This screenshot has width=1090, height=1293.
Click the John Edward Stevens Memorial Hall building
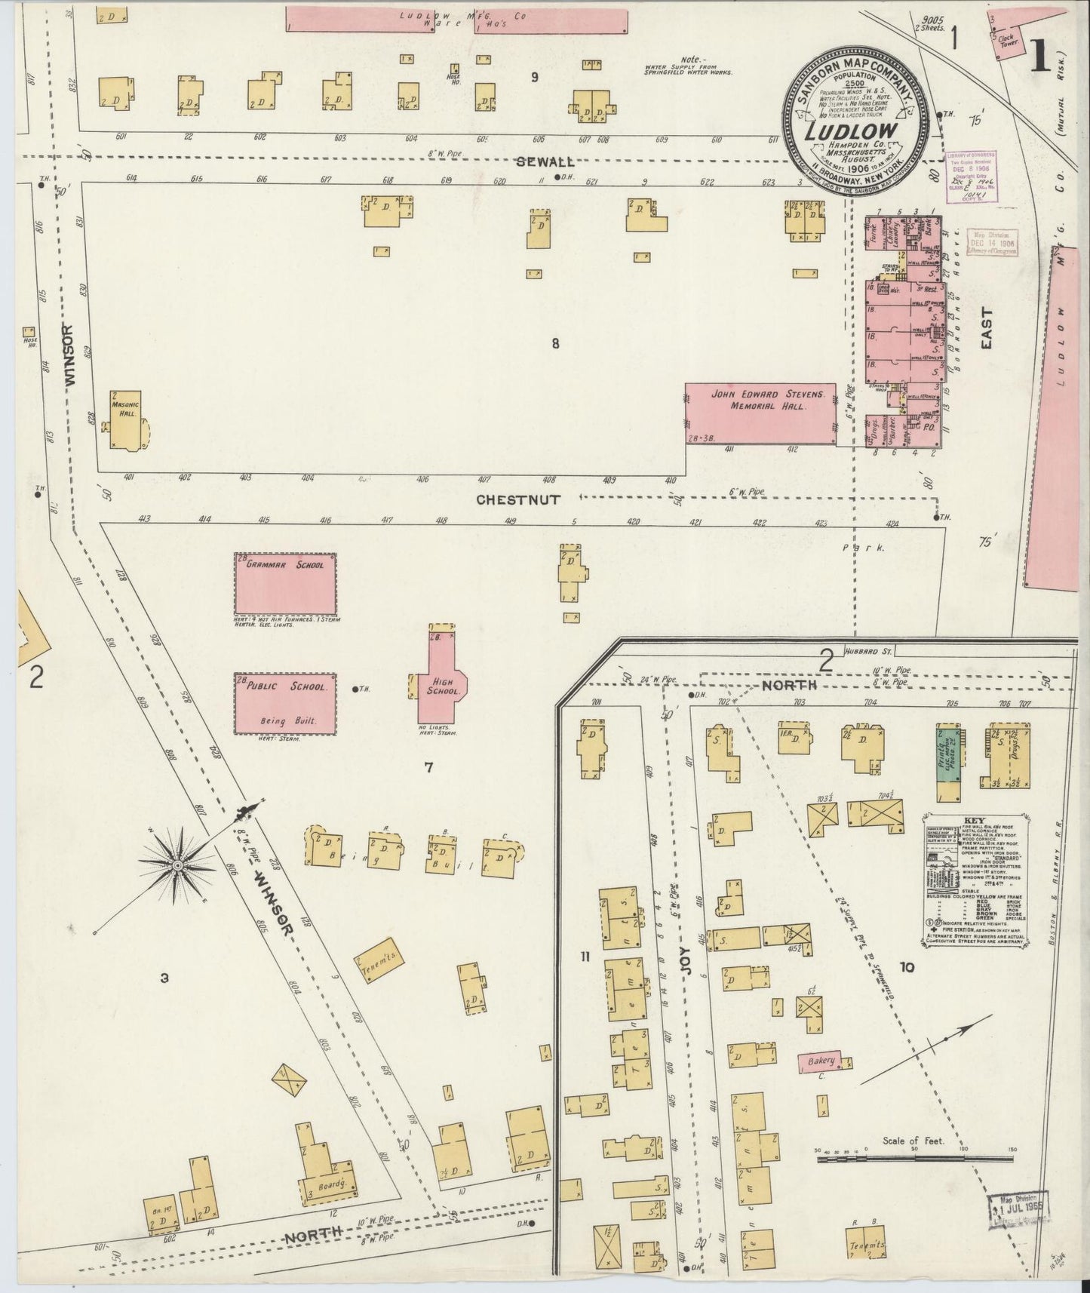pyautogui.click(x=760, y=413)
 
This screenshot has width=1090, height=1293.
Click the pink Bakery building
pyautogui.click(x=821, y=1061)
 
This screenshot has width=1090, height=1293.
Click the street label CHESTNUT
pyautogui.click(x=517, y=499)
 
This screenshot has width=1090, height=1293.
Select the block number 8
pyautogui.click(x=555, y=344)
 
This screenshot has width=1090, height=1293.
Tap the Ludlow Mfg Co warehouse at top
pyautogui.click(x=456, y=20)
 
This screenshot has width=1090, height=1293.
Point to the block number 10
pyautogui.click(x=906, y=967)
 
